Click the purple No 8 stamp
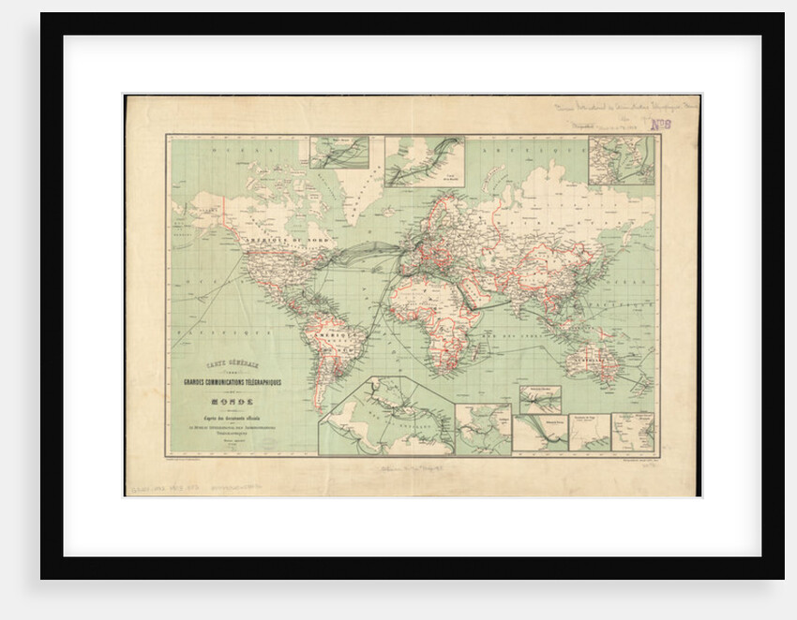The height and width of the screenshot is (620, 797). pyautogui.click(x=661, y=124)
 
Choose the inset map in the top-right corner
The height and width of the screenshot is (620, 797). pyautogui.click(x=622, y=160)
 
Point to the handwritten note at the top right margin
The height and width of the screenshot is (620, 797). pyautogui.click(x=619, y=110)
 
